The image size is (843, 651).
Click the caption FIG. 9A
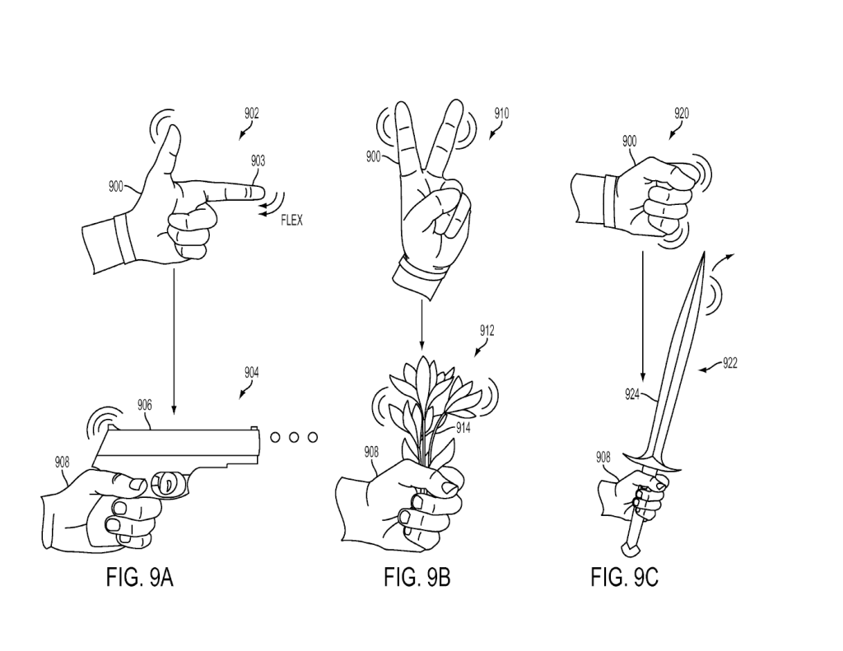[x=140, y=577]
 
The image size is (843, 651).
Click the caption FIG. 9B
[x=417, y=577]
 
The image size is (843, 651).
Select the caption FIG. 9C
[x=624, y=577]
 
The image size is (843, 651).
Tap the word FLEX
[x=291, y=221]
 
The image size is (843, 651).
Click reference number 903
[x=258, y=161]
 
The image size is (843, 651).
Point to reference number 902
[x=251, y=114]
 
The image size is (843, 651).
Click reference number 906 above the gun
[x=144, y=405]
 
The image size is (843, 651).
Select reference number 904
[x=251, y=372]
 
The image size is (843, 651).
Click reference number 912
[x=487, y=331]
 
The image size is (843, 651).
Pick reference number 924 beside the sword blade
[x=634, y=394]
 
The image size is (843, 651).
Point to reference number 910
[x=501, y=114]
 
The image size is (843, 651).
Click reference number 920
[x=682, y=114]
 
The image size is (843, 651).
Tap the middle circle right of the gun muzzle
[x=293, y=437]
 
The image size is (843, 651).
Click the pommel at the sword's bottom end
[x=628, y=546]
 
